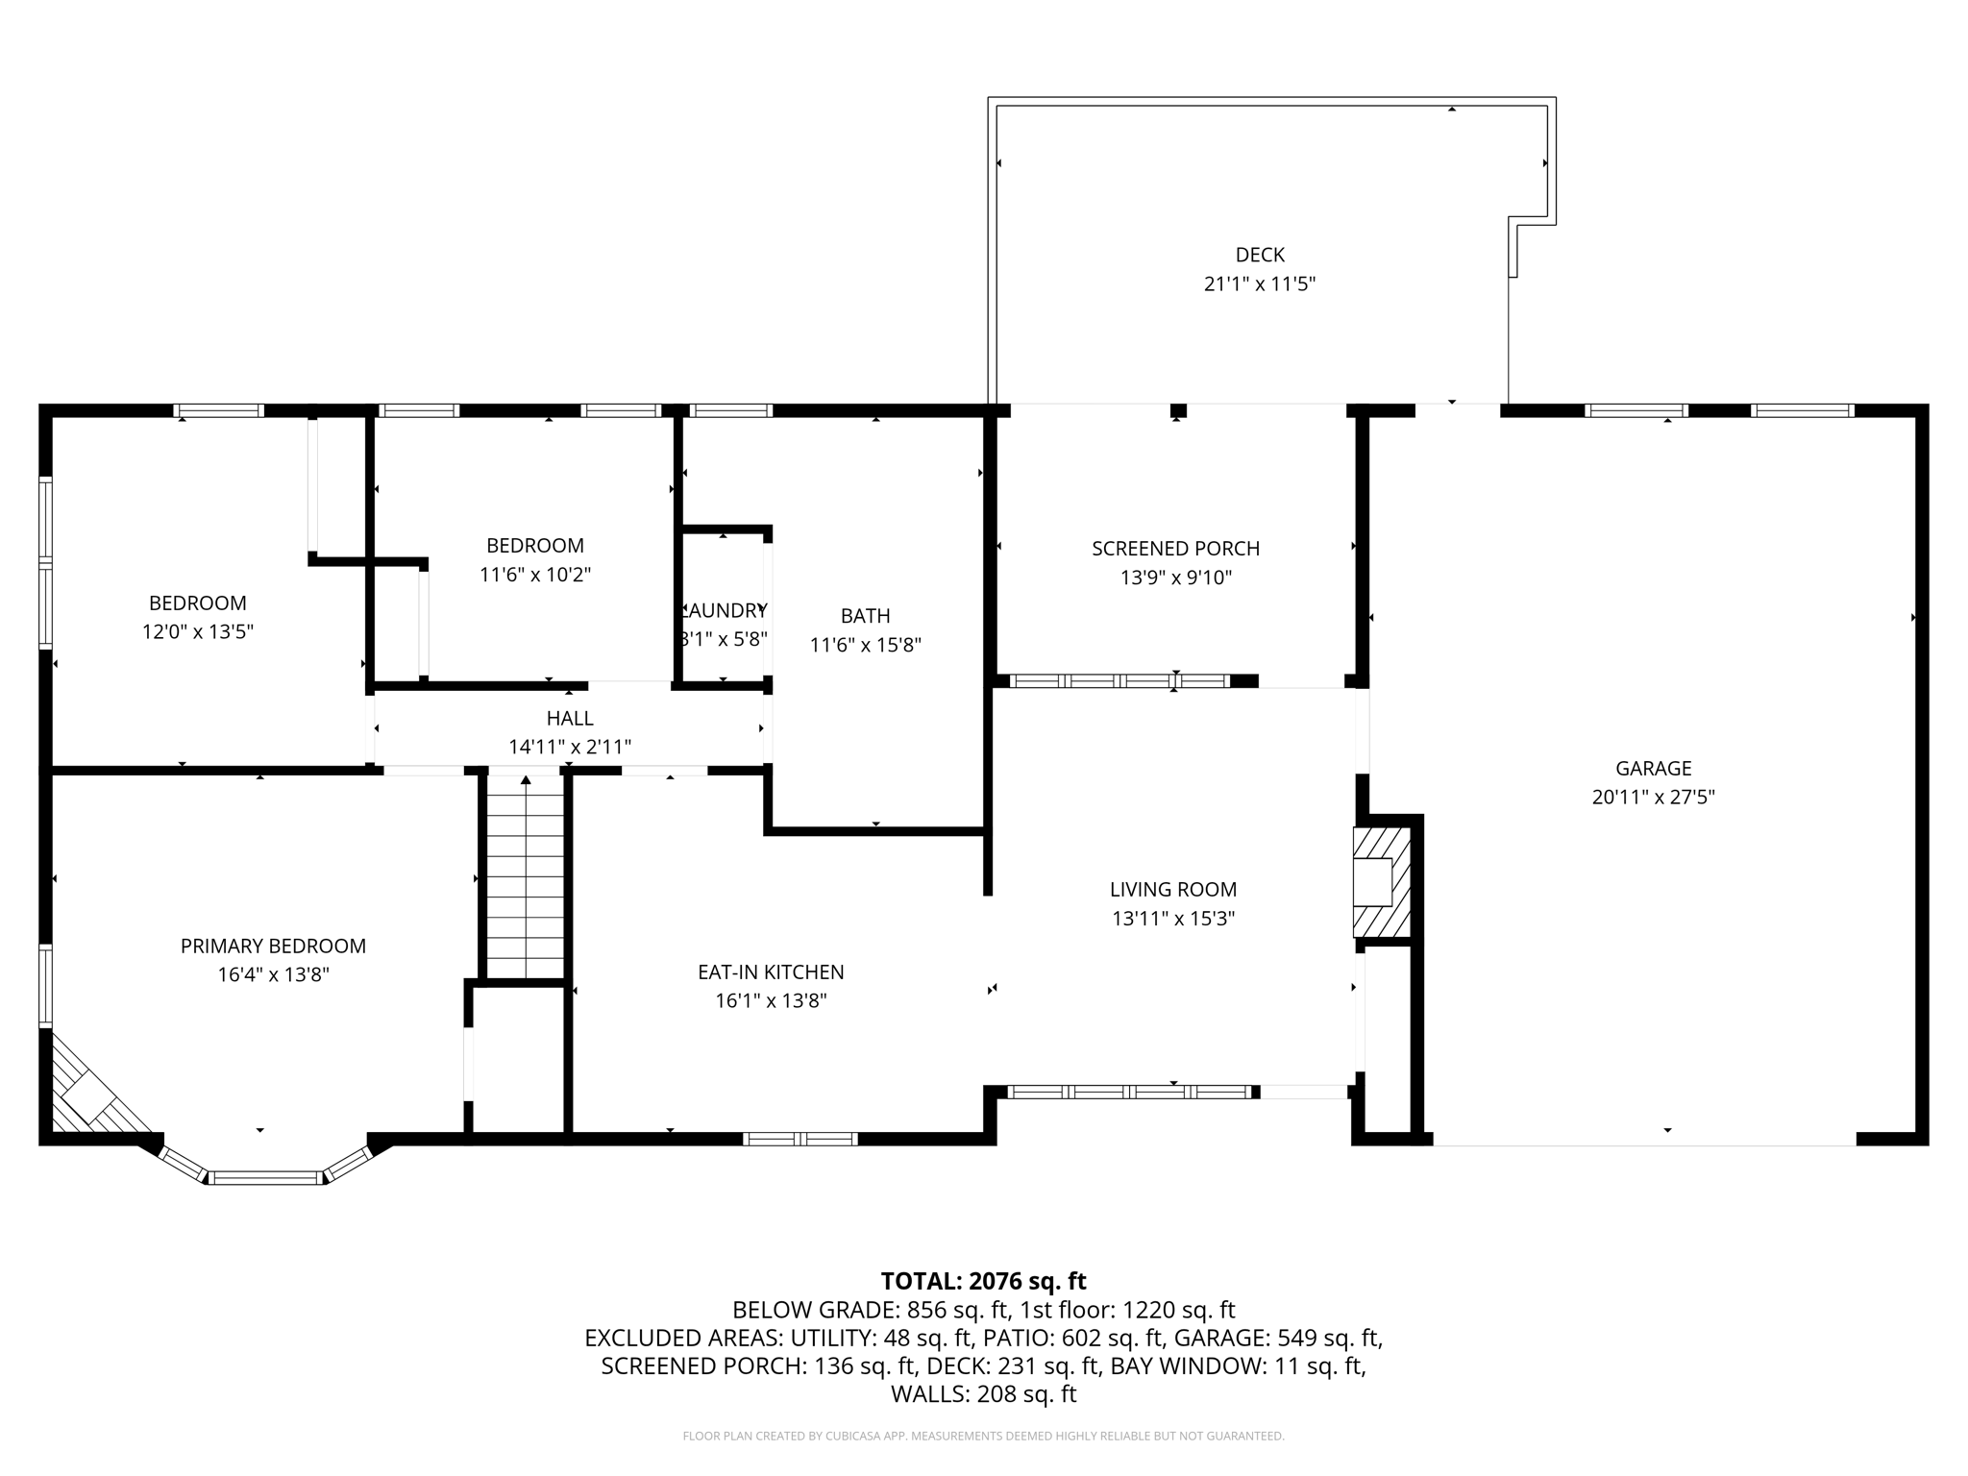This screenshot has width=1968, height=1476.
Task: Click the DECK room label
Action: coord(1259,255)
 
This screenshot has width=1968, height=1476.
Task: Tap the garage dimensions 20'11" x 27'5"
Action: coord(1653,797)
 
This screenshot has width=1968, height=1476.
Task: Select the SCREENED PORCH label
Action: coord(1175,549)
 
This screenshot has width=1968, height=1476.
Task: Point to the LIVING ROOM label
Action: coord(1172,890)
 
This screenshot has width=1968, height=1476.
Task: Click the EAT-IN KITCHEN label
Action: coord(771,972)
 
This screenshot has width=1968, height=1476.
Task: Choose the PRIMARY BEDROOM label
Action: coord(273,947)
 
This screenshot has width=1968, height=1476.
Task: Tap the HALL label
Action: coord(570,719)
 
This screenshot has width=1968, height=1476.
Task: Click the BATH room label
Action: coord(865,616)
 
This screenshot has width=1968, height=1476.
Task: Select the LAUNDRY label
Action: coord(724,610)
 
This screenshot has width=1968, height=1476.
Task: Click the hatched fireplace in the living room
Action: coord(1382,882)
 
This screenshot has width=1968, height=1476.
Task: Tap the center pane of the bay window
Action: coord(265,1177)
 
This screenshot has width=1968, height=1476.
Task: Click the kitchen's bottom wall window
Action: coord(800,1139)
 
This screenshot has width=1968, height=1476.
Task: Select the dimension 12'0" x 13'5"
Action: coord(197,632)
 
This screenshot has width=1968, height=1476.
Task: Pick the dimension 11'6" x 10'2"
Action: coord(534,575)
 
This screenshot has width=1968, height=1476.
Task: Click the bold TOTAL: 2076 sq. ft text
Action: coord(983,1281)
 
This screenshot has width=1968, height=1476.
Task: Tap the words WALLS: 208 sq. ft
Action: coord(983,1394)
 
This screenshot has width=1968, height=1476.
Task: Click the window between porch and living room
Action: coord(1119,681)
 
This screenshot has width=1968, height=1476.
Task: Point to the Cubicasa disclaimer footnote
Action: coord(983,1437)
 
